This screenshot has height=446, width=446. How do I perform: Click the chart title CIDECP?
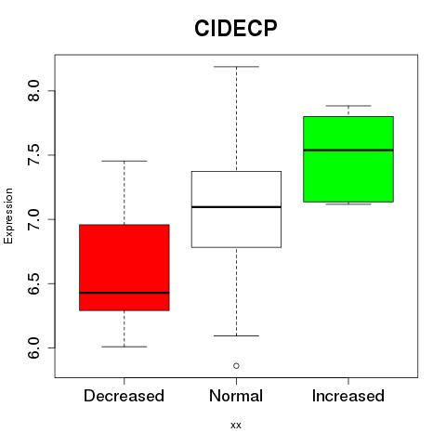tap(236, 28)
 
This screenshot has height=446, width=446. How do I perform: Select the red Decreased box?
tap(125, 268)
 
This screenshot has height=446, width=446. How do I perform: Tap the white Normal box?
tap(236, 209)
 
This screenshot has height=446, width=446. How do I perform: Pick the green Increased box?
tap(348, 159)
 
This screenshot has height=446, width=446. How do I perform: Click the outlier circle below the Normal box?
tap(236, 366)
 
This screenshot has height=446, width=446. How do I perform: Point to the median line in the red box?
tap(125, 293)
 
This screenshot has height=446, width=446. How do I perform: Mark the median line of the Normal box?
tap(236, 206)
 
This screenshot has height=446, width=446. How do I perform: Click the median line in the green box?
tap(348, 150)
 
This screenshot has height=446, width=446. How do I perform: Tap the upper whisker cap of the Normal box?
tap(236, 67)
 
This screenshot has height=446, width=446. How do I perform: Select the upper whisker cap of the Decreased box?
tap(125, 161)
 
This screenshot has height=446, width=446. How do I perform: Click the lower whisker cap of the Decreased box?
tap(125, 347)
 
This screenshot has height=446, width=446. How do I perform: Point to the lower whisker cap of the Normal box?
tap(236, 335)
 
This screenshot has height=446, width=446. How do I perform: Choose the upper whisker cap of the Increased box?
tap(348, 106)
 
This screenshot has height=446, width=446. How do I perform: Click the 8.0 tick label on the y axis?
tap(33, 91)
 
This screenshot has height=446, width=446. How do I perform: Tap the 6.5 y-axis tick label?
tap(33, 283)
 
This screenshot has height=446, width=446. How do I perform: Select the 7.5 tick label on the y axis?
tap(33, 155)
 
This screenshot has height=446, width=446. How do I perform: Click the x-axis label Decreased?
tap(124, 396)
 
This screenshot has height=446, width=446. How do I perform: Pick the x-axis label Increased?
tap(348, 396)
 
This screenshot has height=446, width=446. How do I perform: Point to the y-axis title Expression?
tap(8, 216)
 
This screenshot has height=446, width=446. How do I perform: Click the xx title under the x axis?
tap(236, 426)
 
